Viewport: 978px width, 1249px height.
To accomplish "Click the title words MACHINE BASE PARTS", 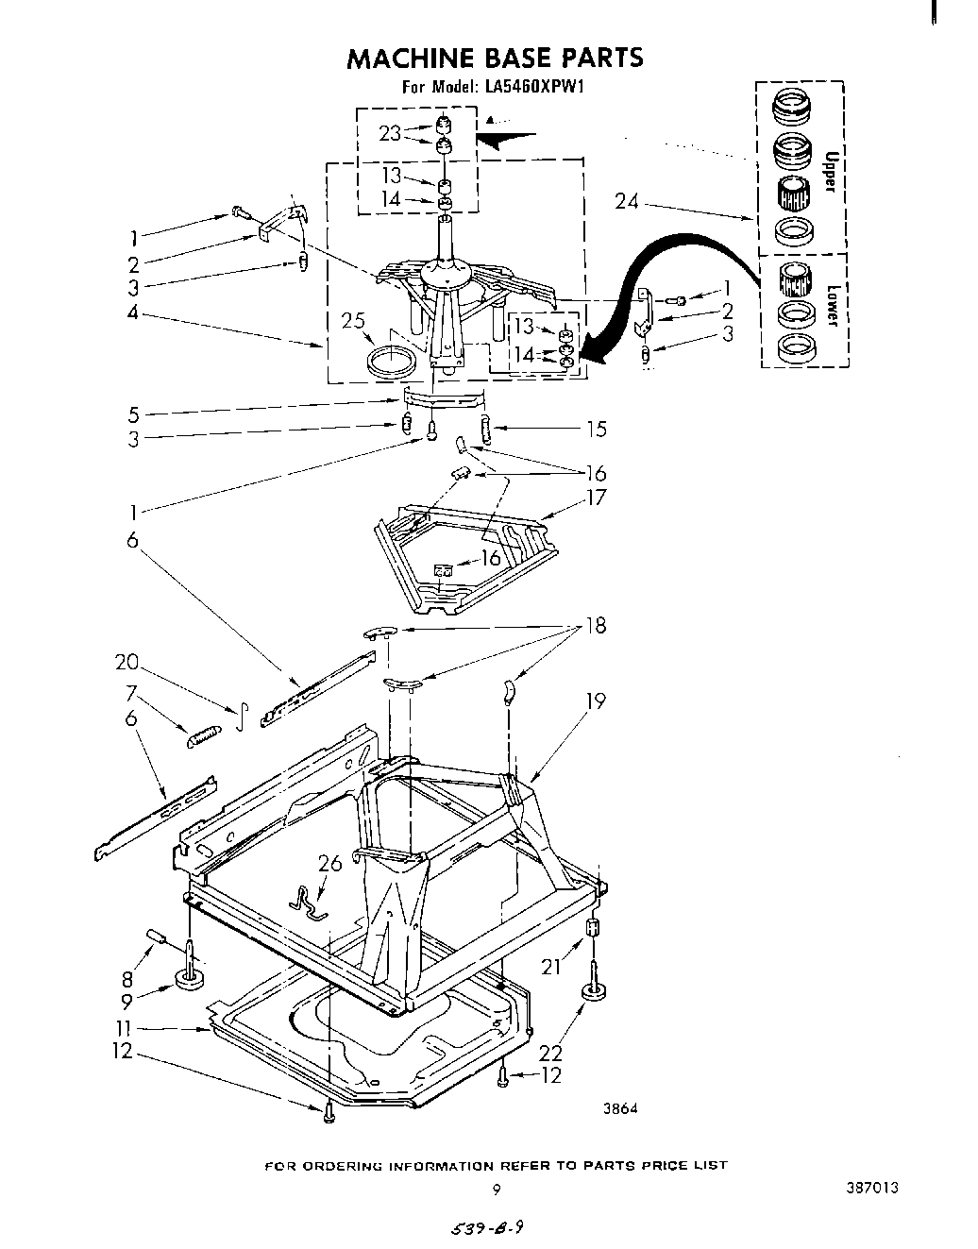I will point(495,59).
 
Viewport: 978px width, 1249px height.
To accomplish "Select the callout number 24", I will point(628,201).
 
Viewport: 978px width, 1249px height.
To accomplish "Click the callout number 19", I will point(595,700).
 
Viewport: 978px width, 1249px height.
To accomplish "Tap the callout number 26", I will point(329,863).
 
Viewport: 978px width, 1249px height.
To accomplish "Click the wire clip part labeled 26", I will point(309,903).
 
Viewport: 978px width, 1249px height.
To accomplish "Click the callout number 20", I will point(127,662).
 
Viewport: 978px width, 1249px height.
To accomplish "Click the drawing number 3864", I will point(620,1109).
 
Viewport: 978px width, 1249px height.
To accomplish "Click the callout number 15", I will point(596,429).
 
